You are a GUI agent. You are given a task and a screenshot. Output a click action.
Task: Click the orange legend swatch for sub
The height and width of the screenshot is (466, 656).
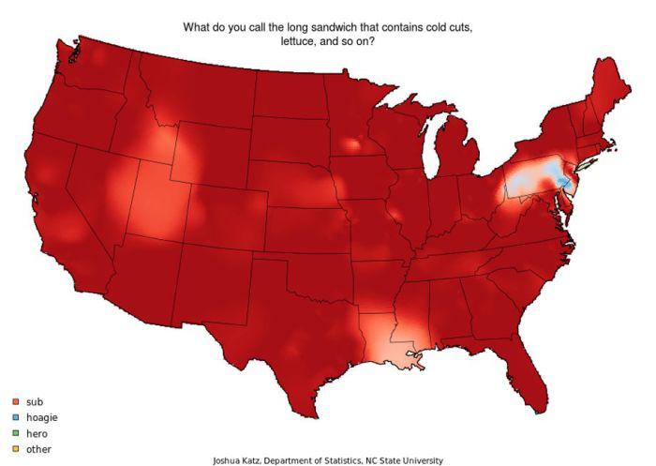pos(16,401)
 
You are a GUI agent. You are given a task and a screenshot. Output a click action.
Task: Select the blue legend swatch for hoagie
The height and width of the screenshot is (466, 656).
pos(16,417)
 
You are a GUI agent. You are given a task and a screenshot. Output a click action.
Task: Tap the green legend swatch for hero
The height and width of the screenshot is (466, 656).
pos(16,433)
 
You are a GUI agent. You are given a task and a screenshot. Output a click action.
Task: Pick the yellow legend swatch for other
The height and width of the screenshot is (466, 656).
pos(16,449)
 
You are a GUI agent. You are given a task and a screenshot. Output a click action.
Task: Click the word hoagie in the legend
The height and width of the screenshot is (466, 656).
pos(42,417)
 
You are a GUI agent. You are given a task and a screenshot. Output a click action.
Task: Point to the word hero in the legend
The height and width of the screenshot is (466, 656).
pos(37,433)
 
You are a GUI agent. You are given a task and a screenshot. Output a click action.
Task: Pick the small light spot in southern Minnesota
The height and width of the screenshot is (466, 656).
pos(351,145)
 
